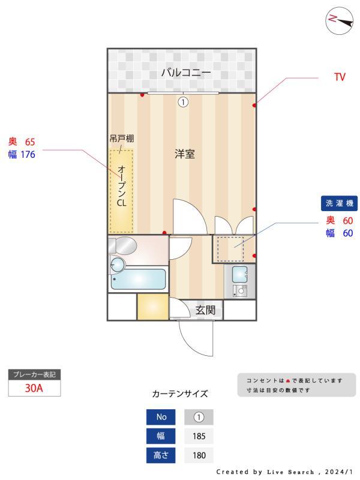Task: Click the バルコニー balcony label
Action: (x=185, y=73)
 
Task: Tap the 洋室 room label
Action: (x=184, y=154)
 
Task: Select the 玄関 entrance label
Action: (x=205, y=310)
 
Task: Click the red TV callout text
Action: (x=340, y=77)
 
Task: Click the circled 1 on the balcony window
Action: (x=183, y=102)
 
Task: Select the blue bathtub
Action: (x=139, y=279)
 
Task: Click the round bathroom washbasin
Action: (x=118, y=264)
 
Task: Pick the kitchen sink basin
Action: (x=239, y=274)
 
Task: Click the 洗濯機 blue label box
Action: (x=340, y=203)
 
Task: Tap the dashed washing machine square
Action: (x=229, y=248)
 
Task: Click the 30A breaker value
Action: (x=34, y=388)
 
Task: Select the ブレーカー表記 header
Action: (x=34, y=374)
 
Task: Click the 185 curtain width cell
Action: (x=199, y=436)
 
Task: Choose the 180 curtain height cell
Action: (x=199, y=455)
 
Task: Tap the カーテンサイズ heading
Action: (x=179, y=394)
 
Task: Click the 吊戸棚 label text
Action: (x=122, y=139)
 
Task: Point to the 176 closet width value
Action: (x=28, y=154)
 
